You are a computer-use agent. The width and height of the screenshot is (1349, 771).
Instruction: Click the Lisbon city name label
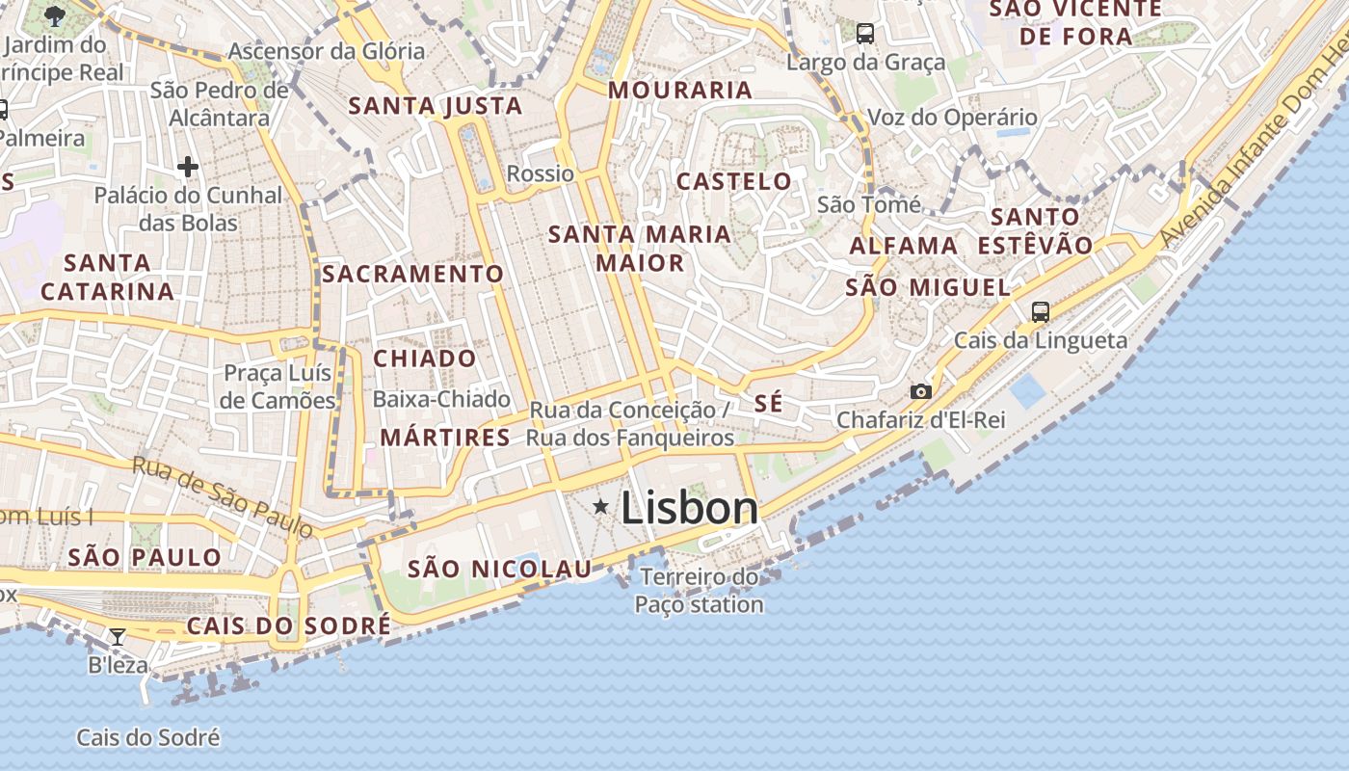pos(690,508)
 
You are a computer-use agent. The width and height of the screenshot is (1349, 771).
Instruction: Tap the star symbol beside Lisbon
pos(600,506)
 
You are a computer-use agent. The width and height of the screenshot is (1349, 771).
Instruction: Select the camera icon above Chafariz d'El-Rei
pos(921,391)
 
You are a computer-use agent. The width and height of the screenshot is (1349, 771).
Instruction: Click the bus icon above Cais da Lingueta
pos(1040,311)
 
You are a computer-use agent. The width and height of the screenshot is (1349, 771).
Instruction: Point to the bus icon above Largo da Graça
pos(865,34)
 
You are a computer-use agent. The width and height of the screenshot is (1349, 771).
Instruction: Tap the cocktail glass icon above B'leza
pos(118,636)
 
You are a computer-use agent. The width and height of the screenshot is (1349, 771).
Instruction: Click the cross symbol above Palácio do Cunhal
pos(188,168)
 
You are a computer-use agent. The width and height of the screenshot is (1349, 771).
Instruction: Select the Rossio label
pos(541,173)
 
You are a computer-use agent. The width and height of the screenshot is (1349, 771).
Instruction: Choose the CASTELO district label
pos(734,181)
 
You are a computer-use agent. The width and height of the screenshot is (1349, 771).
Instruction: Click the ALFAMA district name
pos(904,246)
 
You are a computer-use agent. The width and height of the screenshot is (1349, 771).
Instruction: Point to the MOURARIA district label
pos(680,91)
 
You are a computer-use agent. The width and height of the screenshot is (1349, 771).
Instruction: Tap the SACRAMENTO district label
pos(412,274)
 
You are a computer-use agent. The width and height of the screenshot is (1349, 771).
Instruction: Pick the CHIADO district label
pos(425,359)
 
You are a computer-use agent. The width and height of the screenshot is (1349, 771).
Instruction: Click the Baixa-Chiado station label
pos(441,399)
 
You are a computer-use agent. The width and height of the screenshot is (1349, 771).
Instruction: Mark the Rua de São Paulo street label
pos(224,497)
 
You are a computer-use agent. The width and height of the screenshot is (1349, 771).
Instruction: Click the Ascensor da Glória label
pos(327,51)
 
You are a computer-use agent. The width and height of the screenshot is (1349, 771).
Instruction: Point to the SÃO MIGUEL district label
pos(928,287)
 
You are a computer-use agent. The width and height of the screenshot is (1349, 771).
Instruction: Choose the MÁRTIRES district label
pos(445,438)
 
